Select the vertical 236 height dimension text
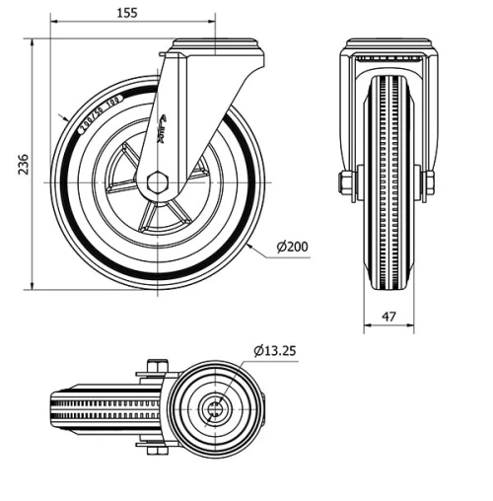pyautogui.click(x=12, y=165)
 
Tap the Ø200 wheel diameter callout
pyautogui.click(x=293, y=248)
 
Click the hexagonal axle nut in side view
pyautogui.click(x=158, y=182)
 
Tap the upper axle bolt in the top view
pyautogui.click(x=156, y=368)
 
